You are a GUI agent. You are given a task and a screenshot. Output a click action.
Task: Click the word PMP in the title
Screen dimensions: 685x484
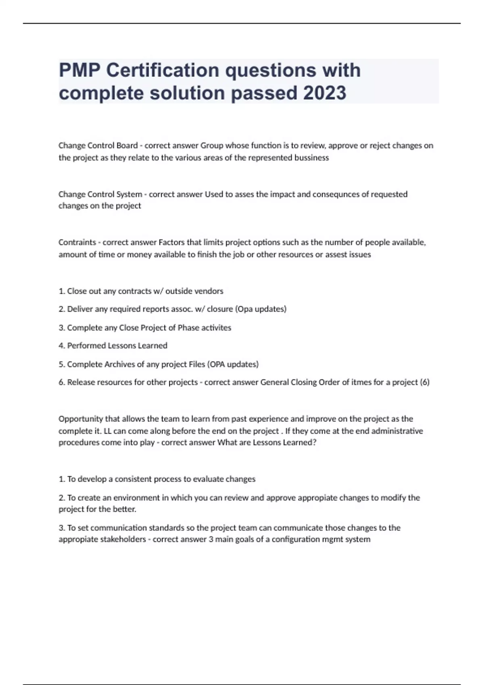[79, 71]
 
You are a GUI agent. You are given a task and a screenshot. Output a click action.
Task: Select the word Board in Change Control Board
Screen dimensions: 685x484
[127, 145]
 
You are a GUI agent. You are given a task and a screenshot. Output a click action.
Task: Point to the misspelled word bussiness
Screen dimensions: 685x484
[312, 158]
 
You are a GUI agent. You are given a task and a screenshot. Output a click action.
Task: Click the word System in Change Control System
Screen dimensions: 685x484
[129, 194]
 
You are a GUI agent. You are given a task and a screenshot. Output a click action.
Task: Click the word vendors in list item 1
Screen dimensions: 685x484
[209, 291]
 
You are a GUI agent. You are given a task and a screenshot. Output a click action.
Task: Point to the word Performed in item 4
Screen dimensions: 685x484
[86, 346]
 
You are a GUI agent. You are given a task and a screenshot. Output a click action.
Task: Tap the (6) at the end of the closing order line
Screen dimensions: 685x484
[425, 382]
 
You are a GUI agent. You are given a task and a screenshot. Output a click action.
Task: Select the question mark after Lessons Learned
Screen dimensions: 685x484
[315, 442]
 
